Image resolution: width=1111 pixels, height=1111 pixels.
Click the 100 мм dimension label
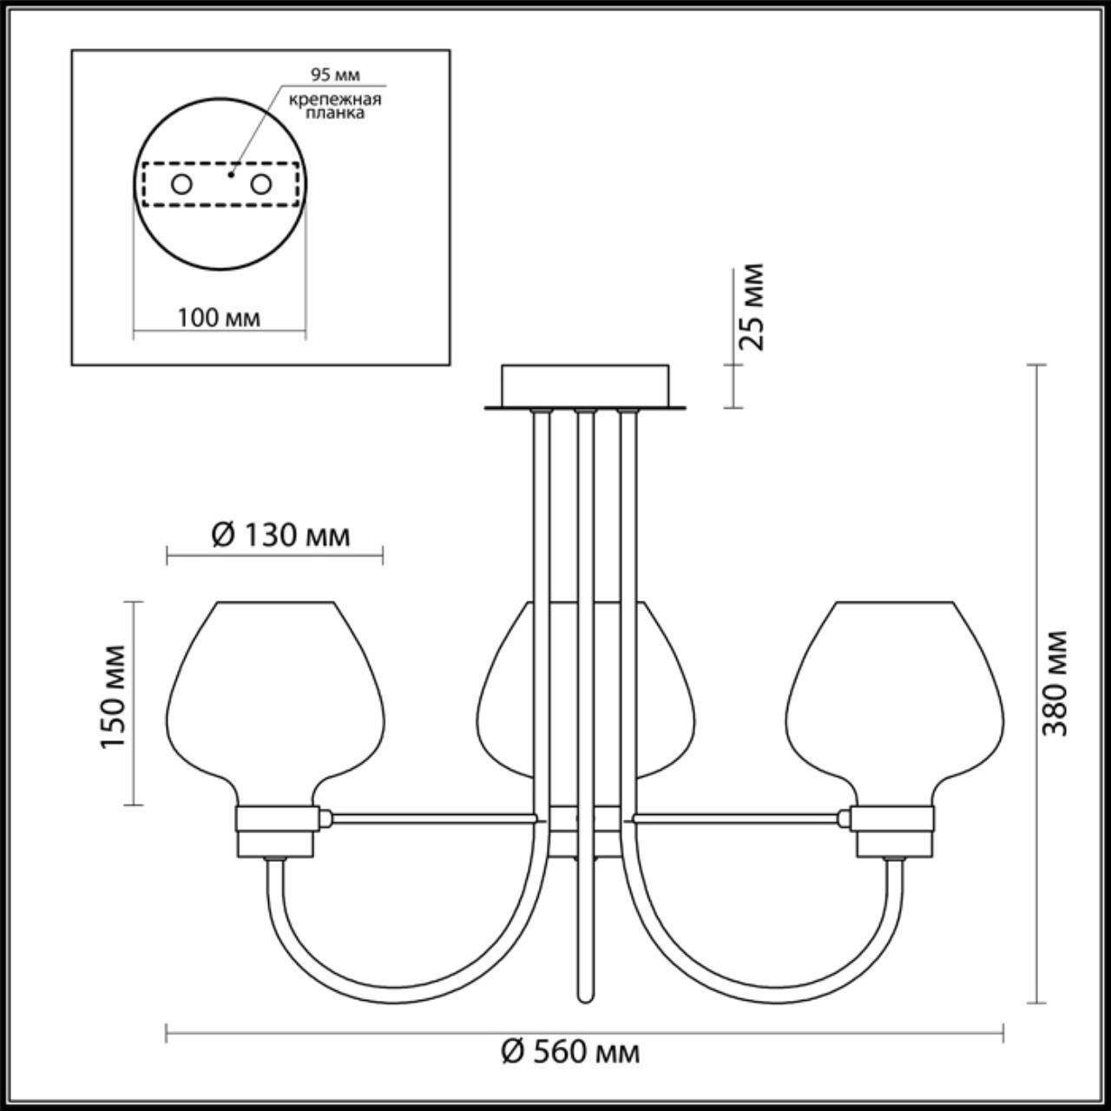(x=219, y=318)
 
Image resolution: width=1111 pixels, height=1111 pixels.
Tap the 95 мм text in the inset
(x=335, y=75)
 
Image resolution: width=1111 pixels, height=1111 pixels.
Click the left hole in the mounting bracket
(x=181, y=184)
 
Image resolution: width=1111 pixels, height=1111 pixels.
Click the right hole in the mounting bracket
(x=260, y=184)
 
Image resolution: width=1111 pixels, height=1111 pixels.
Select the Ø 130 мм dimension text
(x=281, y=536)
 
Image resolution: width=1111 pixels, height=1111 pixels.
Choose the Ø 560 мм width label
(x=571, y=1053)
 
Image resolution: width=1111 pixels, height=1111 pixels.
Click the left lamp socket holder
(x=276, y=830)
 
